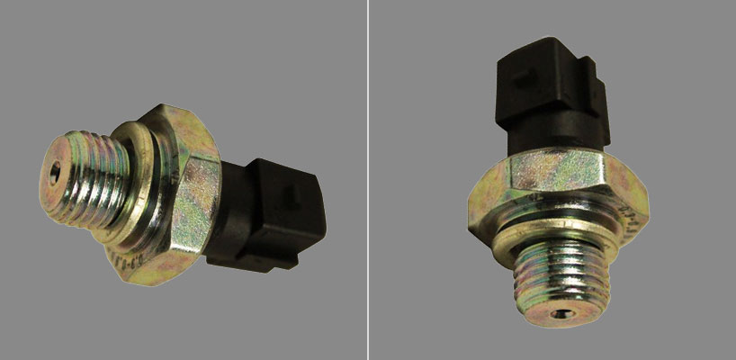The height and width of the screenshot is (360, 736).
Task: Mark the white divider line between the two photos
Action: [x=368, y=180]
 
